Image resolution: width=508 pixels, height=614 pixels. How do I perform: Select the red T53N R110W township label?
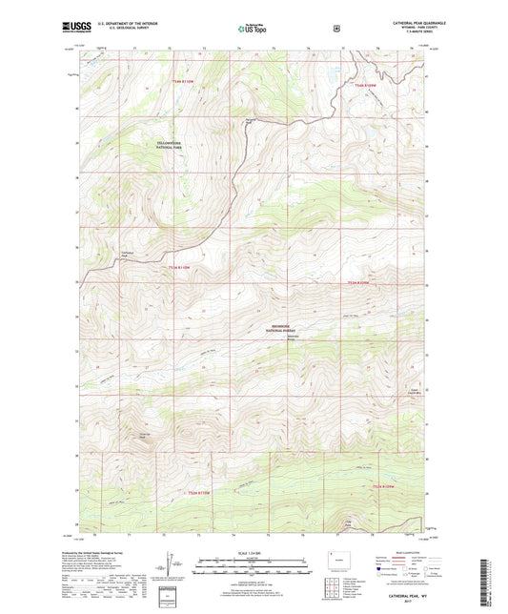click(190, 82)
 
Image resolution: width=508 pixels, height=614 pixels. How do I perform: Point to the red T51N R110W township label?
click(194, 493)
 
